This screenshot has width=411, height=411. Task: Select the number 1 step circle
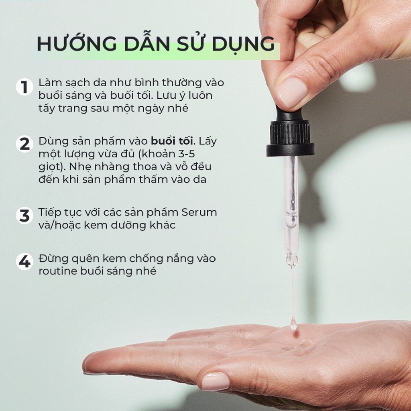pos(24,87)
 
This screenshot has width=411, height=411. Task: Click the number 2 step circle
pos(24,144)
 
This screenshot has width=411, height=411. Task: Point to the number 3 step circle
pos(24,216)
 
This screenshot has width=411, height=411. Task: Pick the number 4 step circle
pos(24,262)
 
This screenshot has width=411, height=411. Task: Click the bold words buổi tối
pos(172,141)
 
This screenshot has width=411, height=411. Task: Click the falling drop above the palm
pos(293,323)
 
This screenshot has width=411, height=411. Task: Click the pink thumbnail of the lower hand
pos(215,381)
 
